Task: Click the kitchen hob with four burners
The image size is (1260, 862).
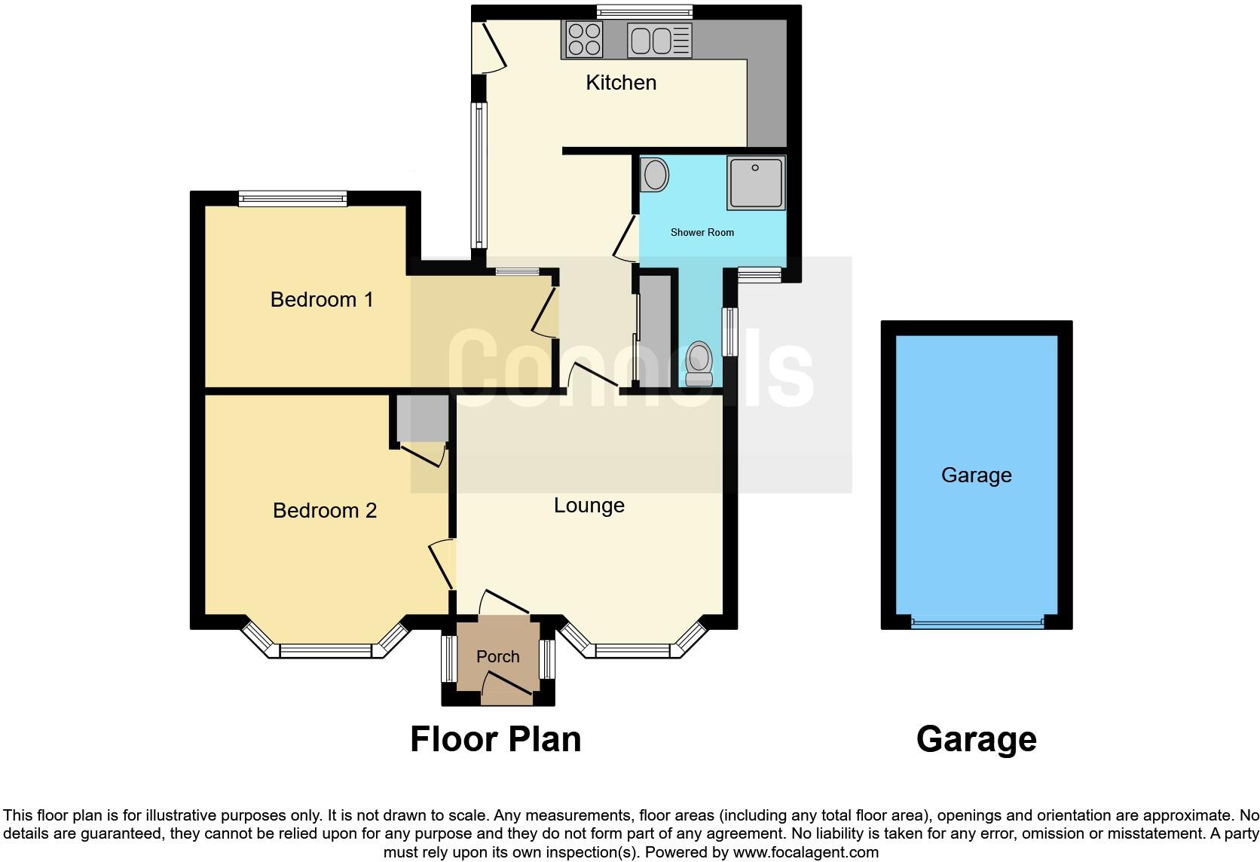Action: [x=585, y=39]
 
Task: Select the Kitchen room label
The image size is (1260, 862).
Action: [x=621, y=82]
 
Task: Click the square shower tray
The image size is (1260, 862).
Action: [x=756, y=182]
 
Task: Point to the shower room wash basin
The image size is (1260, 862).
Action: [x=655, y=175]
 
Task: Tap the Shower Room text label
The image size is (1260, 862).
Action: [x=702, y=232]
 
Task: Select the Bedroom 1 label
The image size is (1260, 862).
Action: [x=322, y=300]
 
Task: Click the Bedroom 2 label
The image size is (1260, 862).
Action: [x=325, y=511]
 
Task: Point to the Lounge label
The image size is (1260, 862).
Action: [x=589, y=506]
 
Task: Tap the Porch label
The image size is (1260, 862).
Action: [x=497, y=657]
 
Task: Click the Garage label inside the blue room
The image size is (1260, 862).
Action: [x=976, y=475]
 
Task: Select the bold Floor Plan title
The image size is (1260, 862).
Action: [x=495, y=739]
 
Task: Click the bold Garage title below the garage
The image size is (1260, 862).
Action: [x=976, y=739]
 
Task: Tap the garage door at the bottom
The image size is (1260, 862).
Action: [x=977, y=623]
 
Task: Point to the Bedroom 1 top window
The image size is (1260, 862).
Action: [x=292, y=199]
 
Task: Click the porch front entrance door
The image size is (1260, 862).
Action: [x=506, y=685]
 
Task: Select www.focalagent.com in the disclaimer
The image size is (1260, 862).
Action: [x=806, y=853]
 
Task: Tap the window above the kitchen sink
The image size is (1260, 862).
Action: [x=644, y=11]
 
